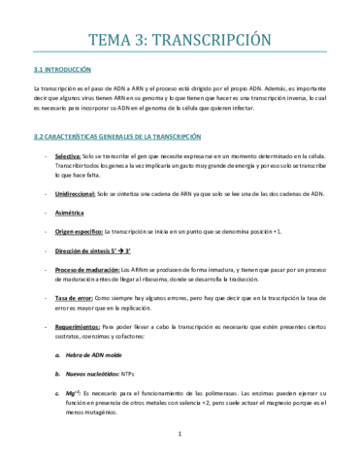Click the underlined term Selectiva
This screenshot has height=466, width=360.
point(69,156)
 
